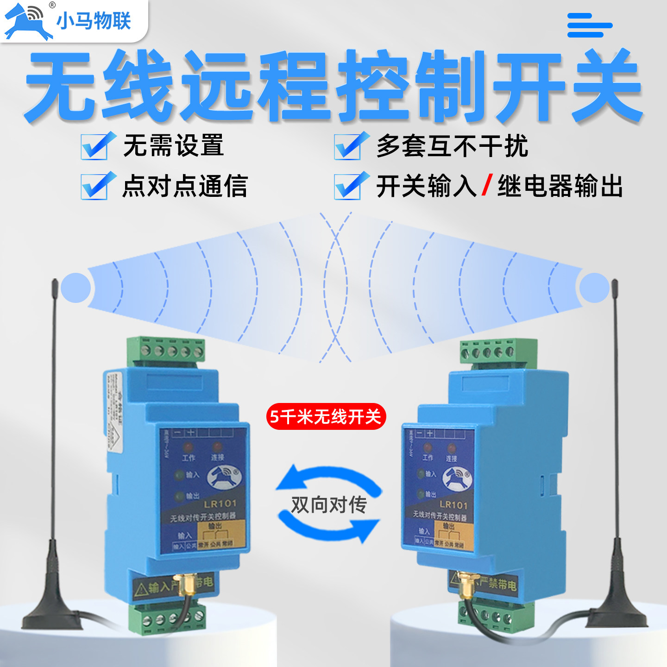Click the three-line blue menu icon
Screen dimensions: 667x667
(x=589, y=25)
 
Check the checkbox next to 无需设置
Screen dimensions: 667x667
(x=95, y=146)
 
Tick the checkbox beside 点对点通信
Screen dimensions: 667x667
(x=95, y=186)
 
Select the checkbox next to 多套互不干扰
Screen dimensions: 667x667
(x=349, y=146)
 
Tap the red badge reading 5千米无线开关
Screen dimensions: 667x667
(x=326, y=416)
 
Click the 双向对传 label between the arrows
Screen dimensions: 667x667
(x=329, y=504)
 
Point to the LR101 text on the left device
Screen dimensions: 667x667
(x=220, y=503)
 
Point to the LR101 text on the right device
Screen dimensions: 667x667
(x=453, y=505)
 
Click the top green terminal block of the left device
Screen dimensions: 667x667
(x=166, y=350)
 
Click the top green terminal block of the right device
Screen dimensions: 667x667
(x=497, y=352)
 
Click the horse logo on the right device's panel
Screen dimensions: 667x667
(x=458, y=478)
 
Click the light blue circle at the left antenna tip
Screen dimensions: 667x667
(x=76, y=288)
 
